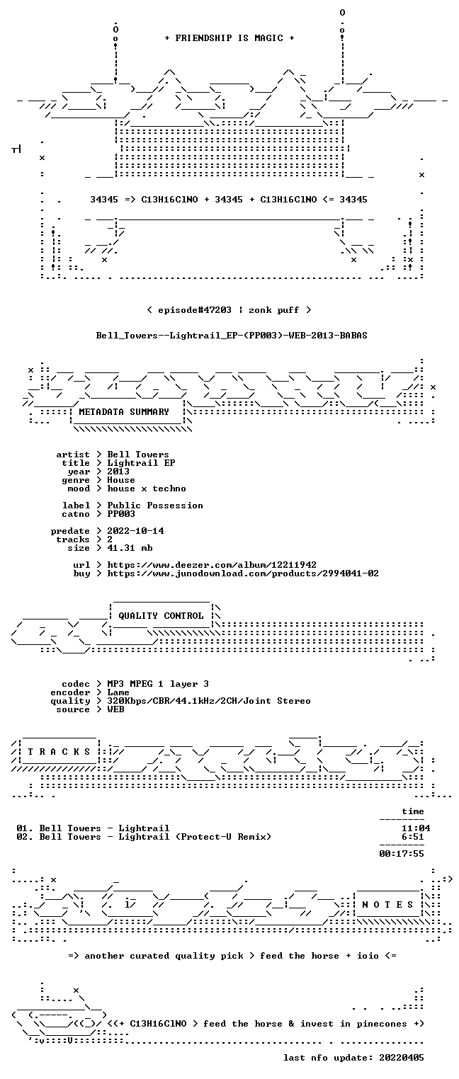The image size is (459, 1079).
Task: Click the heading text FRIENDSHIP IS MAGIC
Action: pos(229,38)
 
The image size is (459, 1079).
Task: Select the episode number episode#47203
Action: pos(195,310)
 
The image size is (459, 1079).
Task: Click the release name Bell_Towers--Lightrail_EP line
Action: pos(232,336)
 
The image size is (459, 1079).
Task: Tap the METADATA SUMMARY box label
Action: pos(124,412)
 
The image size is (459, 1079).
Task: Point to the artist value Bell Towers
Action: pos(138,455)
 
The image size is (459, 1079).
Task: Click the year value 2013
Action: pos(118,472)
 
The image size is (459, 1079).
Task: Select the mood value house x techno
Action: pos(147,489)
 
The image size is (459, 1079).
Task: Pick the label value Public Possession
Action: pos(154,506)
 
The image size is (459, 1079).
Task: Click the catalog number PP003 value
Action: pos(121,514)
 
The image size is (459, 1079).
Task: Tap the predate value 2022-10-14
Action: pos(135,531)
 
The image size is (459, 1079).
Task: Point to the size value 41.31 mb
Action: pos(130,548)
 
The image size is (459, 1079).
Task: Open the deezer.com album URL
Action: pos(212,565)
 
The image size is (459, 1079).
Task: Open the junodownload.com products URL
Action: pos(243,573)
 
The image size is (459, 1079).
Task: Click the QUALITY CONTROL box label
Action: pos(161,616)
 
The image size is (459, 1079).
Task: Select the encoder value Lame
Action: pos(118,692)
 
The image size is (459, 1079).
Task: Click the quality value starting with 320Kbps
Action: pos(209,702)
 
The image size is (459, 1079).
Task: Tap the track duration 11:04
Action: pos(416,828)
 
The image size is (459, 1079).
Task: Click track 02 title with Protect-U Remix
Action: pos(155,837)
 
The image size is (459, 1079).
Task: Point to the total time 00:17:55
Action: pos(402,854)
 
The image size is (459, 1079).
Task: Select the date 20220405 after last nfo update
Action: pos(402,1058)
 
